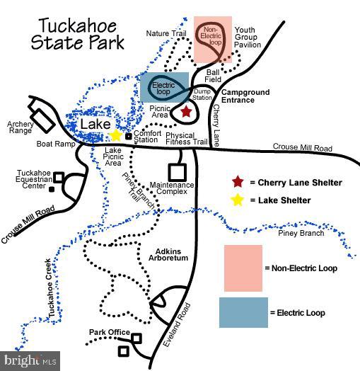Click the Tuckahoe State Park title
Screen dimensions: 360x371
pos(78,34)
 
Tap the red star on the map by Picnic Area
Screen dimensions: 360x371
pos(186,111)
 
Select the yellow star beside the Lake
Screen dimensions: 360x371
pos(115,135)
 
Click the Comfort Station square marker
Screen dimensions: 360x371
pos(128,136)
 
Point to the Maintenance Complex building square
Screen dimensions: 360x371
pos(178,172)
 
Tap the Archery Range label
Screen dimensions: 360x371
pos(21,127)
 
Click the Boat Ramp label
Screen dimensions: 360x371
pos(56,144)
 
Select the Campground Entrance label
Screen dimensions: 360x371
pos(245,96)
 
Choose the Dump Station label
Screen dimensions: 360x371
pos(202,94)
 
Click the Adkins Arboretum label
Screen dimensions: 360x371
pos(168,255)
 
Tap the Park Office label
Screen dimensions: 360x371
pos(110,332)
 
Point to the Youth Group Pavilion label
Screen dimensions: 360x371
pos(248,37)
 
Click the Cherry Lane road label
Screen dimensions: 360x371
pos(216,125)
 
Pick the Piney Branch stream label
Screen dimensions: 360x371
pos(301,234)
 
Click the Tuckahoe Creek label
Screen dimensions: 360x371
pos(50,287)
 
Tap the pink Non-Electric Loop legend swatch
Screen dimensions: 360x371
pos(243,268)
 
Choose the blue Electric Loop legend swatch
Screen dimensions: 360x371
pos(243,312)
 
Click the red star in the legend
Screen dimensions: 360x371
pos(238,182)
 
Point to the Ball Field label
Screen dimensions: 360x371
pos(213,76)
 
